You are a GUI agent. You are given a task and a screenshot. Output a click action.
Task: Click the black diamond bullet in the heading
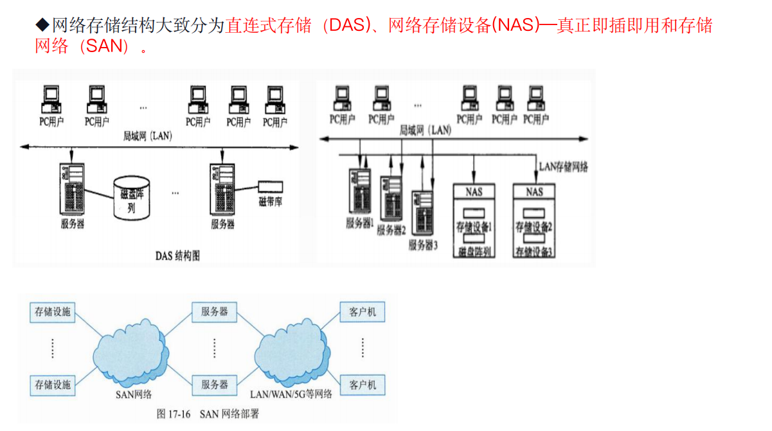pyautogui.click(x=42, y=26)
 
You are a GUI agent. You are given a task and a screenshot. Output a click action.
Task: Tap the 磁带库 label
pyautogui.click(x=271, y=202)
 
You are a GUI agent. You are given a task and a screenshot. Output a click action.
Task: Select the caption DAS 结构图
pyautogui.click(x=177, y=256)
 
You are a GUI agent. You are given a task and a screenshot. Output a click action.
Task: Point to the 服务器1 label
pyautogui.click(x=360, y=224)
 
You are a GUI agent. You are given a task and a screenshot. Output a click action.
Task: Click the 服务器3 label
pyautogui.click(x=423, y=245)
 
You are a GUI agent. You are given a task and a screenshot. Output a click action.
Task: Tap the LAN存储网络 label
pyautogui.click(x=563, y=167)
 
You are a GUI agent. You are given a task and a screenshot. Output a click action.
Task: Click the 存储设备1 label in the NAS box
pyautogui.click(x=474, y=227)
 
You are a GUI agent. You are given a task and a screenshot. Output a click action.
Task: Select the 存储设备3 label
pyautogui.click(x=534, y=251)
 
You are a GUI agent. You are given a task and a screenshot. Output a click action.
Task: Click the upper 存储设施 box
pyautogui.click(x=53, y=312)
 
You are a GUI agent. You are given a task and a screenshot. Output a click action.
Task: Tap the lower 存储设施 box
pyautogui.click(x=53, y=385)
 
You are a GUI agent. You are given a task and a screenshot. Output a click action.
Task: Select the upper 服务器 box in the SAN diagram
pyautogui.click(x=215, y=312)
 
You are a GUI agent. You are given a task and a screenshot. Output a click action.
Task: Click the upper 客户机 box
pyautogui.click(x=363, y=312)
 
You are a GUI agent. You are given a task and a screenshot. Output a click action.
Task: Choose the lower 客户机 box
pyautogui.click(x=363, y=385)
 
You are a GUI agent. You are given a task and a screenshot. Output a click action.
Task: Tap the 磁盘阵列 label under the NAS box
pyautogui.click(x=474, y=251)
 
